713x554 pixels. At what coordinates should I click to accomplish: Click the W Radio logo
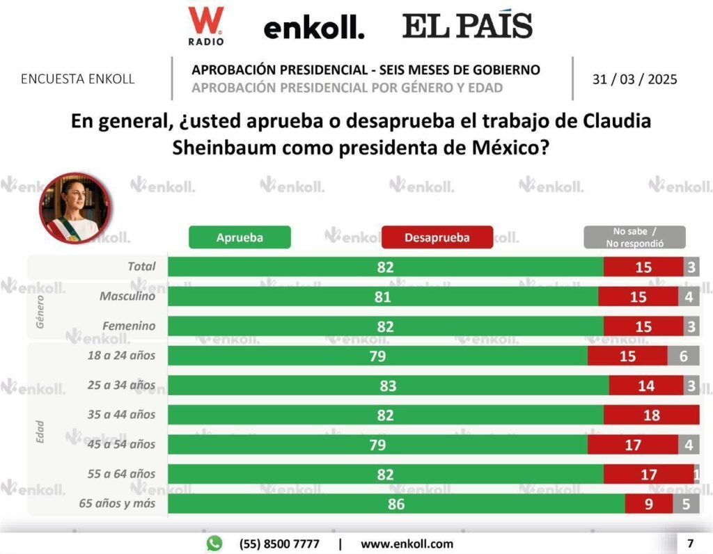point(205,26)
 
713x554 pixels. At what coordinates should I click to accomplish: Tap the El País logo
point(467,26)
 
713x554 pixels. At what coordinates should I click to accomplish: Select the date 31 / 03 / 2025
point(634,79)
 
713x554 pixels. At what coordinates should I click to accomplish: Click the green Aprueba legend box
point(240,237)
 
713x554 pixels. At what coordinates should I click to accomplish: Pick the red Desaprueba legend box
point(437,237)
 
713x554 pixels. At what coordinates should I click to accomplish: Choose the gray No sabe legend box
point(634,237)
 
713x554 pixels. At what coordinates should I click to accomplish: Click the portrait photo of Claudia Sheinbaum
point(75,207)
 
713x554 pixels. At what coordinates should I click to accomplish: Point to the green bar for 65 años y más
point(396,504)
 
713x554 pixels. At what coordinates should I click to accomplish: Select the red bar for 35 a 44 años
point(651,415)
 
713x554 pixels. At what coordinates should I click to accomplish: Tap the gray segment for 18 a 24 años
point(683,356)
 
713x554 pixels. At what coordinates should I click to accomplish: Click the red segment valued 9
point(648,504)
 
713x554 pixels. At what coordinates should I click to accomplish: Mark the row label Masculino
point(127,296)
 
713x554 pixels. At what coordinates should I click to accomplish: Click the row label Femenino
point(129,326)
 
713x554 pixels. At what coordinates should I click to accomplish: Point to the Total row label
point(142,267)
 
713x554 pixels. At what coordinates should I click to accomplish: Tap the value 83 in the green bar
point(388,386)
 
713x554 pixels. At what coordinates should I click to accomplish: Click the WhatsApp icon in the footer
point(214,543)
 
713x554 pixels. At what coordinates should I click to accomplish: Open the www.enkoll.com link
point(407,544)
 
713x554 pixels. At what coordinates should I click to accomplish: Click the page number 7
point(690,543)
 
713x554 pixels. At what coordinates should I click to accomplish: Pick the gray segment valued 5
point(686,504)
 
